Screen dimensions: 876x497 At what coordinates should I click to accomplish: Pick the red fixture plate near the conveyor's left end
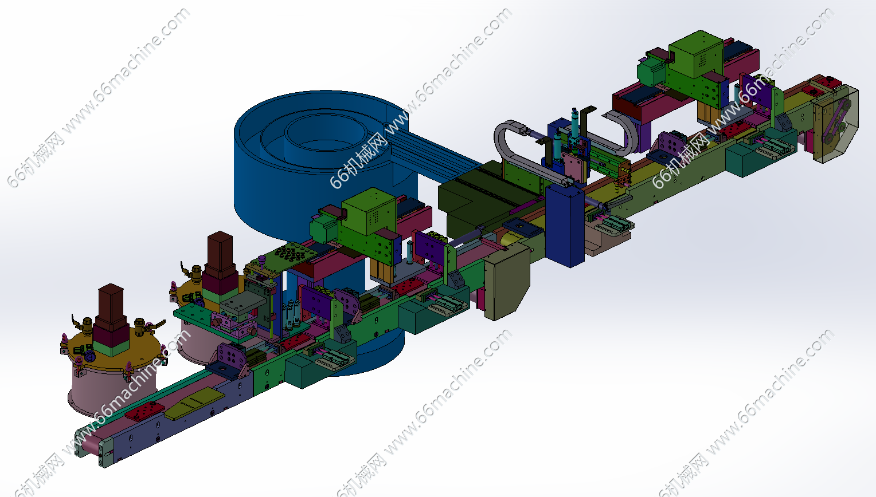(x=144, y=411)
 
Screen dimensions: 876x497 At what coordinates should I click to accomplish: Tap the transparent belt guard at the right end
(x=835, y=124)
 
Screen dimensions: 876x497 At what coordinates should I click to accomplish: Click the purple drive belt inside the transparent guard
(x=835, y=121)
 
